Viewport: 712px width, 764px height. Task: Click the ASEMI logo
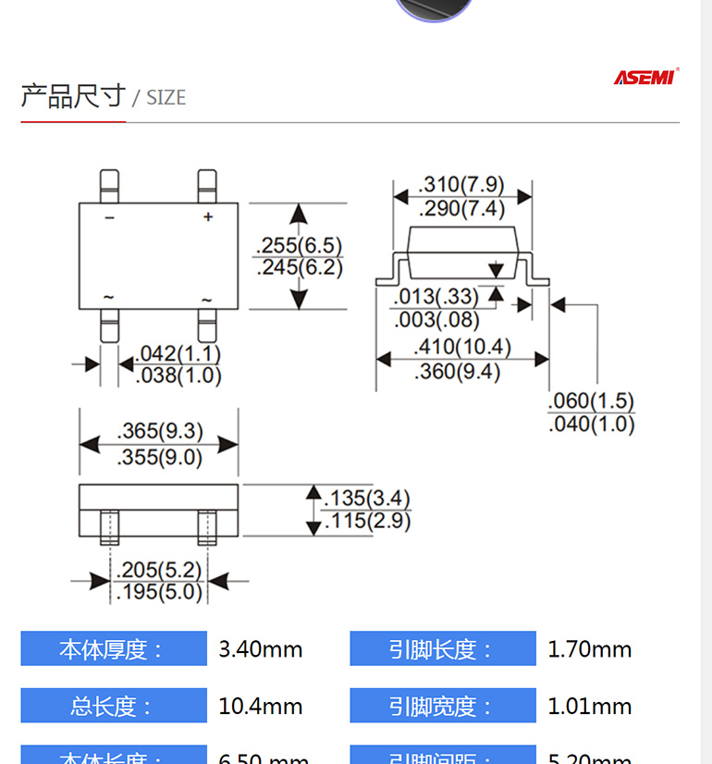point(645,77)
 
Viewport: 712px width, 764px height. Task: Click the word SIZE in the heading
point(166,97)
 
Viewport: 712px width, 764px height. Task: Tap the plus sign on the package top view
point(208,217)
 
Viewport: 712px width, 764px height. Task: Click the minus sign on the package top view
point(109,217)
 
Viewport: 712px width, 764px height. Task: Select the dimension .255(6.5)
point(299,246)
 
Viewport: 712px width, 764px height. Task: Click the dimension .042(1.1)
point(178,354)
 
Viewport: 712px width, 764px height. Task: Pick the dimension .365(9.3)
point(160,431)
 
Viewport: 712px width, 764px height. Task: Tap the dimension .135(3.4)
point(366,498)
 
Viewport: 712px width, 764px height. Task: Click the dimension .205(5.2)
point(159,569)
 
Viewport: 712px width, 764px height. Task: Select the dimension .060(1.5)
point(591,401)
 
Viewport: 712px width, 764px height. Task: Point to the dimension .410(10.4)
point(461,348)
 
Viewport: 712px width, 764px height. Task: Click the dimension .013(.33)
point(436,297)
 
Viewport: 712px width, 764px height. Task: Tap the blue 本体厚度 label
point(114,649)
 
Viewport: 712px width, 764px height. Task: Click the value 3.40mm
point(261,649)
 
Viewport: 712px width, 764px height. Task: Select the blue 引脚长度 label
point(442,649)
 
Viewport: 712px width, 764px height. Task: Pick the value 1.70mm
point(590,649)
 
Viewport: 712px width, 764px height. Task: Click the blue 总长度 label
point(114,706)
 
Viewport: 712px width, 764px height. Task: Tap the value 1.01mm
point(590,706)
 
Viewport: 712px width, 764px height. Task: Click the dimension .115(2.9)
point(366,521)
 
